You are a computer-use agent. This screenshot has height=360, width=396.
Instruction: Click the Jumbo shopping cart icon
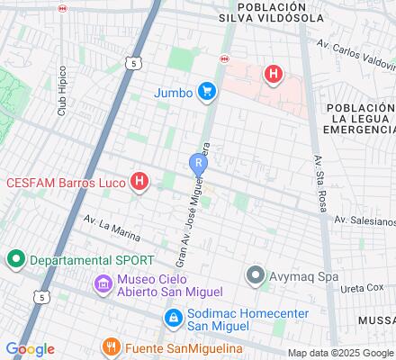point(208,91)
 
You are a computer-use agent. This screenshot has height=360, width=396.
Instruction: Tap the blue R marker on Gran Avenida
point(197,163)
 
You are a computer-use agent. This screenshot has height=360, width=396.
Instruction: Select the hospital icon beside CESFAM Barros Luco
point(139,182)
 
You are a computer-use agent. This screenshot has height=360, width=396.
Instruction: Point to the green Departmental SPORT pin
point(14,260)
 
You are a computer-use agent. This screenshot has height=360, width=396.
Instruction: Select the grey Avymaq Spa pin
point(256,275)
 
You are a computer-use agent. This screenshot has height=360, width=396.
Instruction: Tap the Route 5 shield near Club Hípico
point(133,64)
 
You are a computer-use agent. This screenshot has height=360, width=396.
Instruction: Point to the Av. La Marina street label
point(112,228)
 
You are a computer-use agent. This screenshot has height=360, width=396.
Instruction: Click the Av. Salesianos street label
point(364,220)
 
